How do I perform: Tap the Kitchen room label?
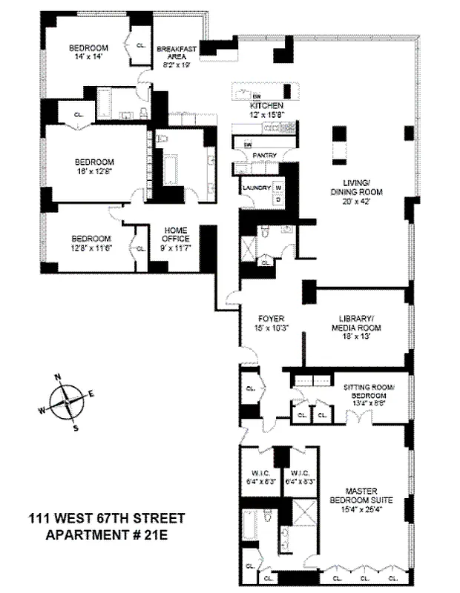pos(266,106)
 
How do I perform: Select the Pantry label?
pos(265,155)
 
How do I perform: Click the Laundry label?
pos(255,188)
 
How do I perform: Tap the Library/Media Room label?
pos(354,324)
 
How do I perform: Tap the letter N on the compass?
pos(57,378)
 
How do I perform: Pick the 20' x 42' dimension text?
pos(356,201)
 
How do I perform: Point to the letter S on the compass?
pos(75,427)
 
